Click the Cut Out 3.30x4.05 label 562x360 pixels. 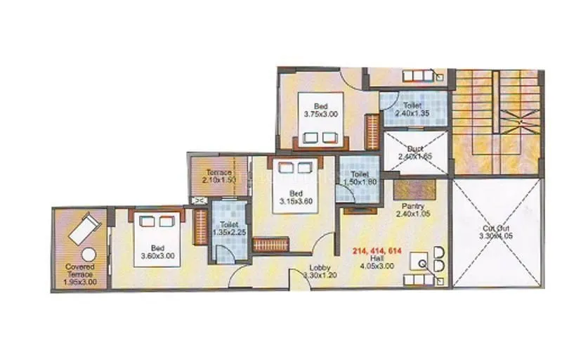point(496,232)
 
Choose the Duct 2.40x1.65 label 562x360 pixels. point(414,153)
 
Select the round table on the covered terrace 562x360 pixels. point(88,255)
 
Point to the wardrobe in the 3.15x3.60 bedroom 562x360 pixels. point(267,244)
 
